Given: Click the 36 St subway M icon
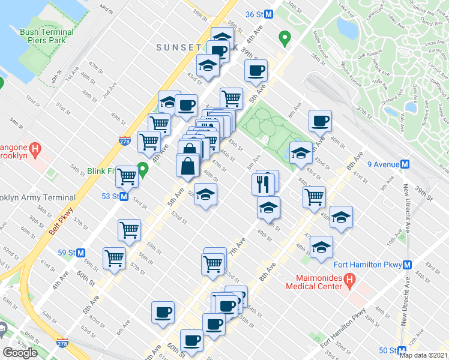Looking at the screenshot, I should [x=269, y=14].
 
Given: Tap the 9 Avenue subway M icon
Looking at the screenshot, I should [x=405, y=164].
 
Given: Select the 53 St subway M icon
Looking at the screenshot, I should [x=124, y=196].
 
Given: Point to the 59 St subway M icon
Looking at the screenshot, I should [x=80, y=253].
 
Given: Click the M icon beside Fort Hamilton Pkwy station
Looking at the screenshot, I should [x=408, y=265].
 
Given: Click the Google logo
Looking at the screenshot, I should [x=20, y=353].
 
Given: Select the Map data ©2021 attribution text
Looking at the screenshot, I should [x=424, y=355].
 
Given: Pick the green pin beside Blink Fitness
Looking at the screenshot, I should [x=143, y=170].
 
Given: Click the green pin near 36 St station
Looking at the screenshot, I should [x=285, y=39].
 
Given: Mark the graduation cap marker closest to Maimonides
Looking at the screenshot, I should [x=321, y=248].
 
